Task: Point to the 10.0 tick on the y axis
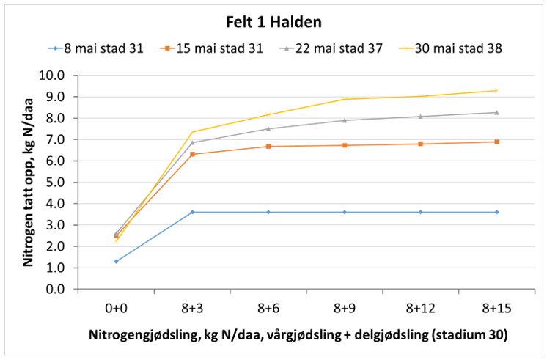(x=57, y=76)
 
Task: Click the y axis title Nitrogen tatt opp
(x=27, y=182)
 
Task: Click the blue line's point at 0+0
(x=116, y=262)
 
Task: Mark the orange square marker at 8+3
(x=192, y=154)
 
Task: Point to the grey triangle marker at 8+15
(x=496, y=112)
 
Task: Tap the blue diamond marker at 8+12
(x=420, y=212)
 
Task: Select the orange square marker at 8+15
(x=496, y=142)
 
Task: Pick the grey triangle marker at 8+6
(x=268, y=128)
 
